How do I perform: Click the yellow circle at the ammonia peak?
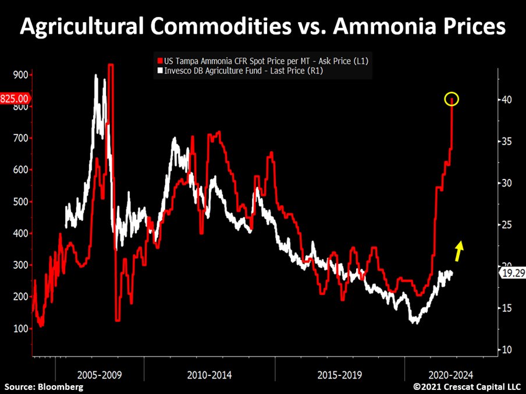[452, 99]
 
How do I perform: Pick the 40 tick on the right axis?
[507, 100]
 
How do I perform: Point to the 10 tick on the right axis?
[507, 350]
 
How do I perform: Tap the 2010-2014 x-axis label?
[209, 375]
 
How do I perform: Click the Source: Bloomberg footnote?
[44, 387]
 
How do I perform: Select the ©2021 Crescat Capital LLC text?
[468, 386]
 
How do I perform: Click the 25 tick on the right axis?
[507, 224]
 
